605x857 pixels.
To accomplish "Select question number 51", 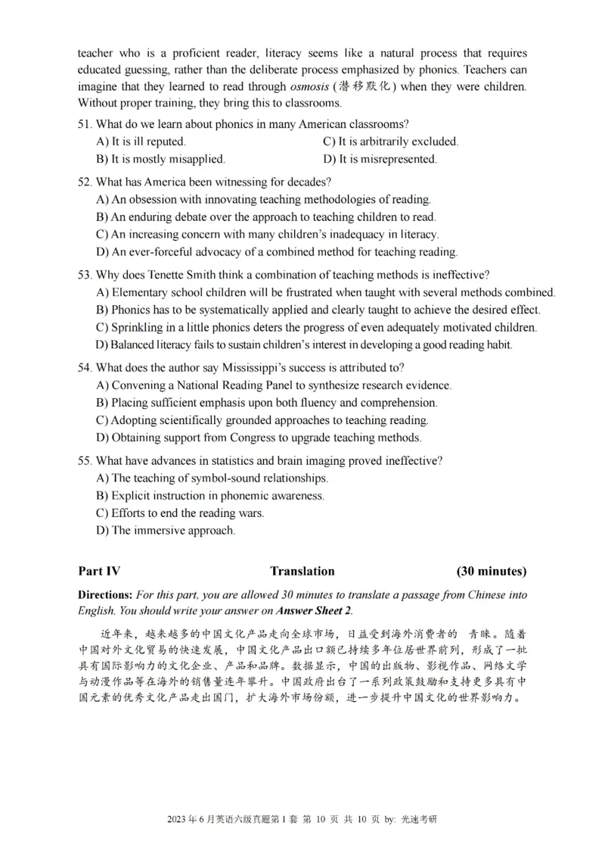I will [x=85, y=124].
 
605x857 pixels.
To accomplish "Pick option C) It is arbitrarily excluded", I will [x=390, y=142].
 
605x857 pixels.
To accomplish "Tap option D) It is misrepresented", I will [x=380, y=159].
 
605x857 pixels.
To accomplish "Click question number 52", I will [x=85, y=182].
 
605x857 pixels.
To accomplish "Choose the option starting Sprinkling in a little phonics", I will [x=317, y=328].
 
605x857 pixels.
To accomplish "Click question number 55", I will [x=85, y=461].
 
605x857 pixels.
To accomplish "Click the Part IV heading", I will [x=99, y=572].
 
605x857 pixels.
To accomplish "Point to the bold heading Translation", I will [x=302, y=572].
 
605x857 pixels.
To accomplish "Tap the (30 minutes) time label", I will [x=492, y=572].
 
